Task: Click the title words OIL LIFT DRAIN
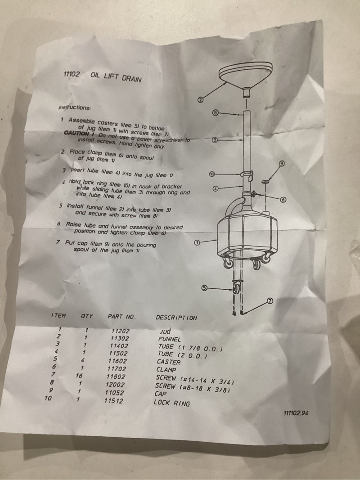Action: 116,77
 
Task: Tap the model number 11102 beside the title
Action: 72,74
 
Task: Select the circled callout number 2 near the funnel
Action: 200,99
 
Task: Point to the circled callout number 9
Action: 282,163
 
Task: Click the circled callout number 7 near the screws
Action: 270,301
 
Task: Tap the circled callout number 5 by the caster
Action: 204,288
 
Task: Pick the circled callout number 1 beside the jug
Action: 198,243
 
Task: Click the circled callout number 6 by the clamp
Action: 283,200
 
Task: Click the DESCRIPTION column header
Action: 176,318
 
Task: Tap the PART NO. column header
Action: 121,317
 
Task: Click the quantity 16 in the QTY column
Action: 79,375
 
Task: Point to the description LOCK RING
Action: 172,403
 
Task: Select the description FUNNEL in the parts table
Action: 170,339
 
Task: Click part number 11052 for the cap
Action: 115,392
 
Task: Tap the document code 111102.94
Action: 296,413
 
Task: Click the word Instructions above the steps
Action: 74,108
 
